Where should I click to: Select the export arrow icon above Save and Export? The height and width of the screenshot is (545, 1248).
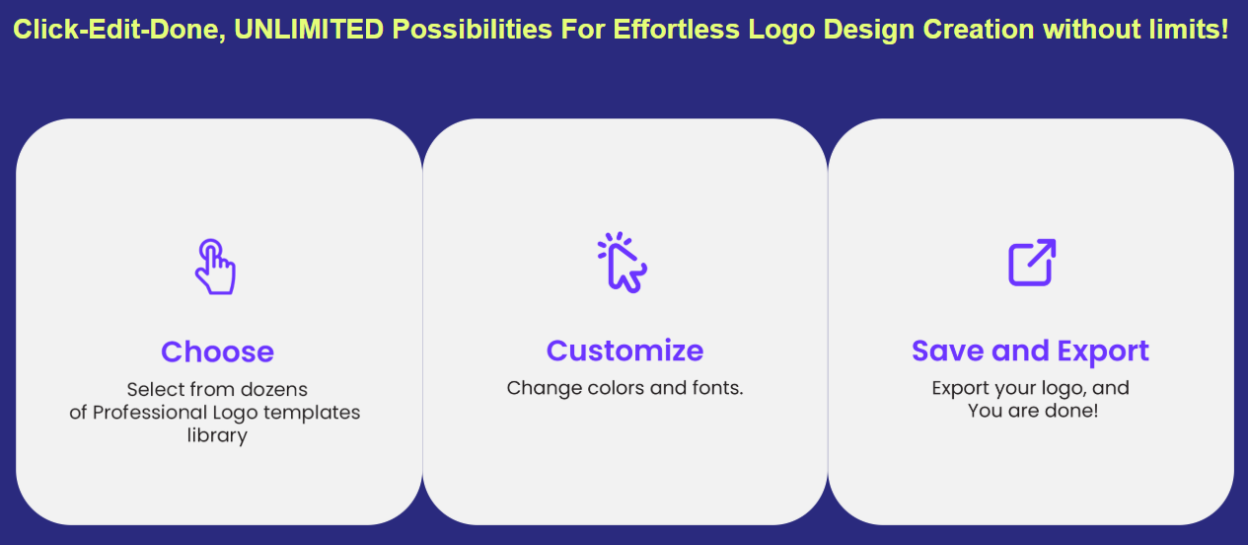[1032, 263]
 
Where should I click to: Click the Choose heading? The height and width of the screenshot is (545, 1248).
[217, 351]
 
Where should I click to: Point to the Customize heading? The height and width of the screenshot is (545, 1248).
[624, 350]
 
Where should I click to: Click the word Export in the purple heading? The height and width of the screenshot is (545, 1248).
[1103, 350]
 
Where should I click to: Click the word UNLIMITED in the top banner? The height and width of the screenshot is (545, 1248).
[309, 29]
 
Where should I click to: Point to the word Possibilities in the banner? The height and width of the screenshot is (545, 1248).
[472, 29]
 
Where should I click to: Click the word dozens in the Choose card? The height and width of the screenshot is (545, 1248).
[273, 389]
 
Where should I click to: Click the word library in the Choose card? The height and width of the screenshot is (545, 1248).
[217, 435]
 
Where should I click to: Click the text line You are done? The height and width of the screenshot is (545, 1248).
[1032, 411]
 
